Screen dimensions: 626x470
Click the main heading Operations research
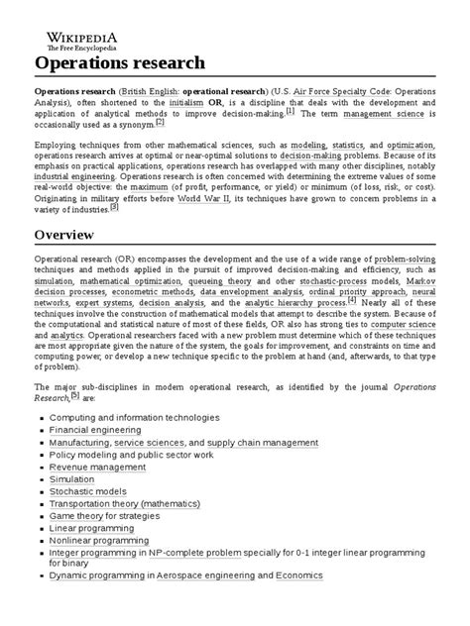pos(120,62)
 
